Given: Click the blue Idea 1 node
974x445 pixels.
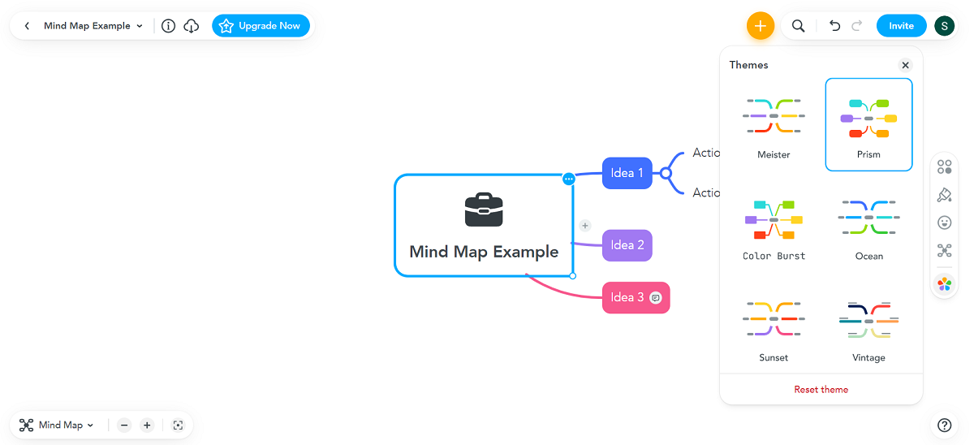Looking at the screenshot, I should [627, 173].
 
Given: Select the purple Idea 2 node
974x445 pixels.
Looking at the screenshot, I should [627, 245].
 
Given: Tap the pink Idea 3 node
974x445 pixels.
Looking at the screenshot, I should [627, 297].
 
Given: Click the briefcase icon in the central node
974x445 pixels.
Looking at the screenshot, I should [484, 210].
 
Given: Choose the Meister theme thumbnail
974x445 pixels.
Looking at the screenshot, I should [774, 117].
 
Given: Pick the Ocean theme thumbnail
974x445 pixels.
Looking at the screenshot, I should [868, 218].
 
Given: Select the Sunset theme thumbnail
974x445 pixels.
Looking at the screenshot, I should [774, 320].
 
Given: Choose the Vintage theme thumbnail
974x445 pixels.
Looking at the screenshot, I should [868, 320].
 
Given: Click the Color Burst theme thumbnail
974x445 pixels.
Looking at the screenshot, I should [774, 218].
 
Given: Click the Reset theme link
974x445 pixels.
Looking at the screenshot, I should [821, 390].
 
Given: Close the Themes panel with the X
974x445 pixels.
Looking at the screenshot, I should [905, 65].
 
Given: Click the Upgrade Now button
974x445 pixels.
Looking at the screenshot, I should [261, 26].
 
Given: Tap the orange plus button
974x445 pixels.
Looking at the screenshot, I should [760, 26].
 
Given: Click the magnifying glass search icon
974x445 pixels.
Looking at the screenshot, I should [799, 26].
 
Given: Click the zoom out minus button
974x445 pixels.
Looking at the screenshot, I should [124, 425].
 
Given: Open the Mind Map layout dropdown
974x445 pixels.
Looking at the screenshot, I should [57, 425].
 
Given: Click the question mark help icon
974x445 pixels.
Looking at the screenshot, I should [944, 425].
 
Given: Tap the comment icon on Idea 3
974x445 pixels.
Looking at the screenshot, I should [656, 297].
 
